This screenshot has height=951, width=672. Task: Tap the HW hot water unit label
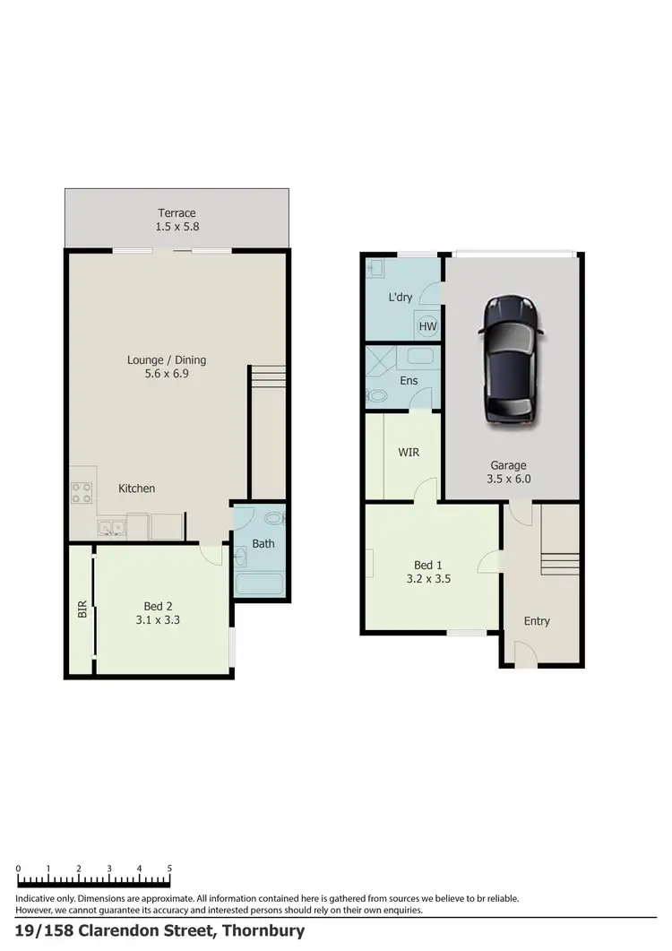click(427, 326)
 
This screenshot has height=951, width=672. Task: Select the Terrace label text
click(177, 213)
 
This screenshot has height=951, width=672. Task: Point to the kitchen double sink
click(112, 528)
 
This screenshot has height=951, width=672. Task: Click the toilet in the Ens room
click(378, 395)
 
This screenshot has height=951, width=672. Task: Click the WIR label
click(409, 452)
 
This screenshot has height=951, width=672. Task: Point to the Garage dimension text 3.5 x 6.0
click(508, 480)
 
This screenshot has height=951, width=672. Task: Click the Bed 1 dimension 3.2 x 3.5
click(427, 579)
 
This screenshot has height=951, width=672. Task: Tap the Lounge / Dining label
click(167, 360)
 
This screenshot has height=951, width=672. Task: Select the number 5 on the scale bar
click(169, 869)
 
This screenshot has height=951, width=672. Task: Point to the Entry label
click(537, 621)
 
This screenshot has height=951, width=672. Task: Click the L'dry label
click(401, 297)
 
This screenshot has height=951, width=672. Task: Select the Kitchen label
click(137, 488)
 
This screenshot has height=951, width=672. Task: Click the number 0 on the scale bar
click(18, 869)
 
